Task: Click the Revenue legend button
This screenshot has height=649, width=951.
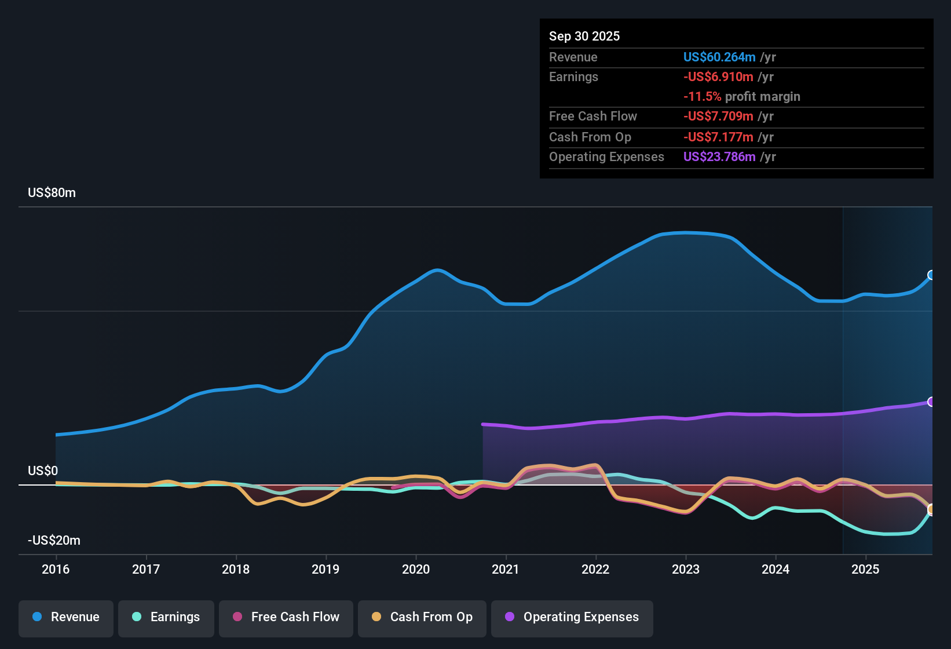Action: coord(66,617)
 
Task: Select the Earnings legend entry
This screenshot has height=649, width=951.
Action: coord(166,617)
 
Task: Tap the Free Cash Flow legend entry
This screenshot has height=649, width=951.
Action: coord(286,617)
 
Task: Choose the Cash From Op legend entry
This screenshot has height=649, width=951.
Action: coord(422,617)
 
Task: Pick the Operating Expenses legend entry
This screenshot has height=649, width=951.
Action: coord(572,617)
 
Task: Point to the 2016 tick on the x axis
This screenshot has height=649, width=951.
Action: coord(56,569)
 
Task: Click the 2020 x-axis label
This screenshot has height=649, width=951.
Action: coord(416,569)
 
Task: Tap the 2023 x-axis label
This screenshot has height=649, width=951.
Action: coord(686,569)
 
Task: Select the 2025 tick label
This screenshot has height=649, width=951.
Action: coord(865,569)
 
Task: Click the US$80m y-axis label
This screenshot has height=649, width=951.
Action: coord(52,193)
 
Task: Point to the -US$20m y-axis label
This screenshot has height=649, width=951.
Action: coord(54,541)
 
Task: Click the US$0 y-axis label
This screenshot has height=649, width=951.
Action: coord(43,471)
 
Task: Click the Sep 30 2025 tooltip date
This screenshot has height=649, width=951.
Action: coord(584,37)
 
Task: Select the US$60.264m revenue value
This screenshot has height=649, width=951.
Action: coord(719,57)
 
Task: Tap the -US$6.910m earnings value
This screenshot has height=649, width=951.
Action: coord(718,77)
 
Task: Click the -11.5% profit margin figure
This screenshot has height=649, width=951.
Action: coord(702,97)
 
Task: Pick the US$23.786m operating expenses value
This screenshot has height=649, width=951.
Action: coord(719,157)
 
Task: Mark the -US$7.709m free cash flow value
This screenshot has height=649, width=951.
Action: coord(718,116)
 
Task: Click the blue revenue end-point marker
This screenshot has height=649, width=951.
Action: coord(931,275)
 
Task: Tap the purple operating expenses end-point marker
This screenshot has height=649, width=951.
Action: coord(931,402)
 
